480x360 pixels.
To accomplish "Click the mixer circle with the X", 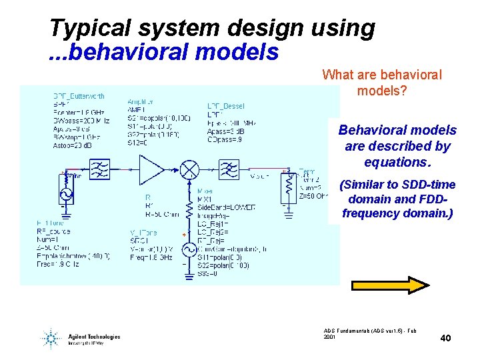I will [191, 168].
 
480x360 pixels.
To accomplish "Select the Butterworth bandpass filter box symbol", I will [103, 168].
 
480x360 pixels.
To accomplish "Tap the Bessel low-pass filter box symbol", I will [229, 168].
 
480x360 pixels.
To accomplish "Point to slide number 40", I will [445, 339].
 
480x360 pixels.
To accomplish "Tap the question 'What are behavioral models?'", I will [381, 82].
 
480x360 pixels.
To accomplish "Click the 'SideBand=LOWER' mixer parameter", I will [226, 207].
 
